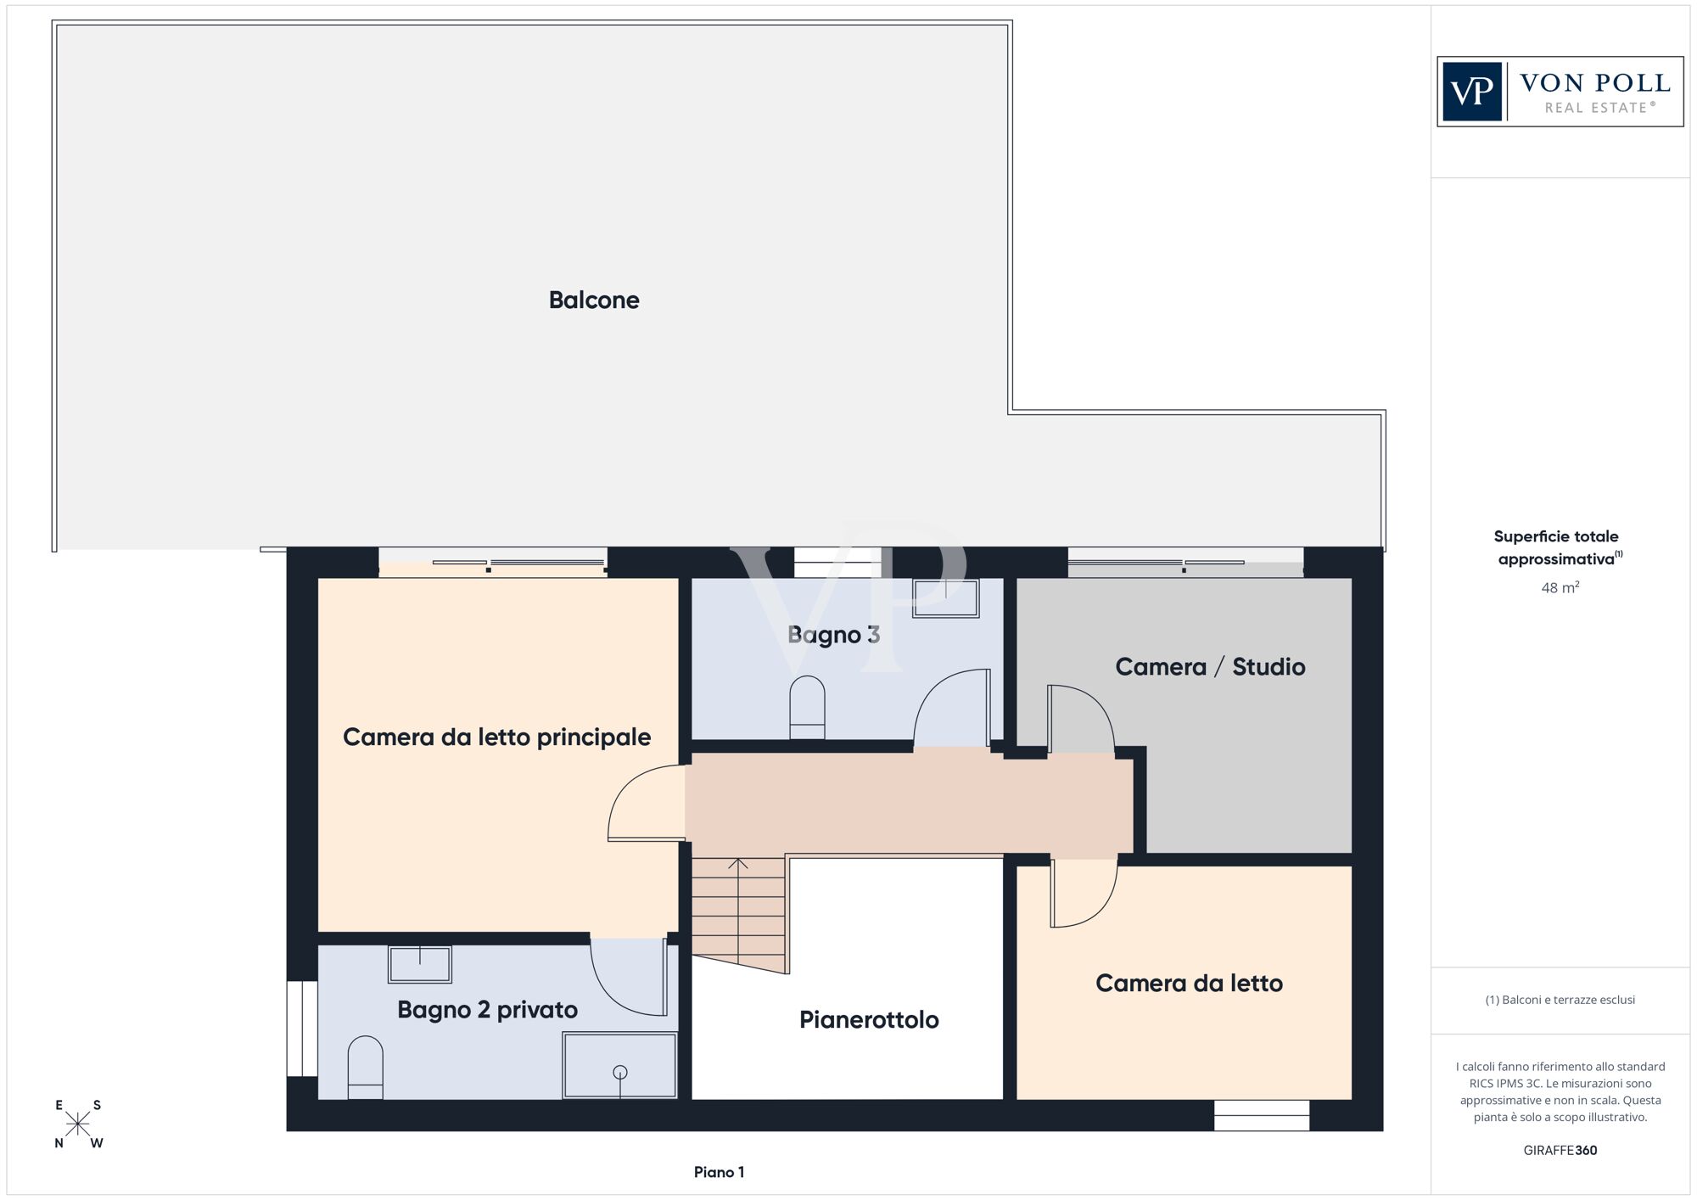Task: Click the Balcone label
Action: point(594,300)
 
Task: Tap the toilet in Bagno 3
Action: point(807,707)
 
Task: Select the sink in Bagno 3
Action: point(946,598)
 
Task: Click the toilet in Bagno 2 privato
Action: point(366,1067)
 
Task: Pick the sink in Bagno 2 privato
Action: point(420,964)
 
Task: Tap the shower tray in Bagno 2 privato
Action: point(620,1065)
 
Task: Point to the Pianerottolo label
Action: point(869,1019)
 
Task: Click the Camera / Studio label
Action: point(1210,667)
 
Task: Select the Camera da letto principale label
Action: point(496,737)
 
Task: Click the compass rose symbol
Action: point(78,1124)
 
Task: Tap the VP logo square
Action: point(1472,92)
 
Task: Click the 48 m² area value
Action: point(1560,587)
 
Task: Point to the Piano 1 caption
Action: point(719,1172)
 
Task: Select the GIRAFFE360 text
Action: point(1560,1150)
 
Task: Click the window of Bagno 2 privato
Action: point(301,1029)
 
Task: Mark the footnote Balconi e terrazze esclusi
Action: point(1560,1000)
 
